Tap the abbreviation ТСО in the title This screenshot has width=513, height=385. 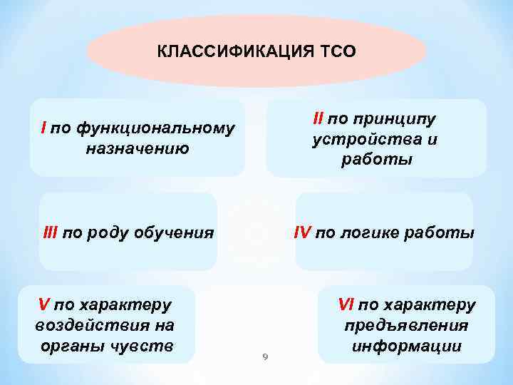(339, 52)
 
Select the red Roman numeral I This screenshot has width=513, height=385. (44, 129)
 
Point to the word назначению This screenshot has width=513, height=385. (138, 149)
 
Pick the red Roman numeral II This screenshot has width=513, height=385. (318, 118)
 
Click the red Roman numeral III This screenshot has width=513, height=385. (51, 232)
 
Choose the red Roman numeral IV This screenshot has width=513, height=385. (304, 232)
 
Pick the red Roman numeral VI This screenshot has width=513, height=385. (346, 305)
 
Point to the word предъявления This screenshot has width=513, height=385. (407, 326)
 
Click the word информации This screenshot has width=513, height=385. (407, 346)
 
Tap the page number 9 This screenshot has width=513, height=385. (264, 357)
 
